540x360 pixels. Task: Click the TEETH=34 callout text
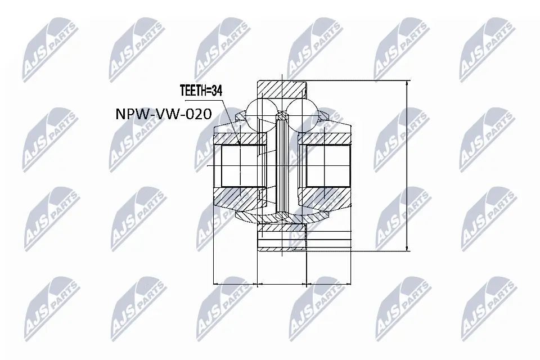click(201, 89)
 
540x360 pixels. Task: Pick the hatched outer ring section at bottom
click(280, 229)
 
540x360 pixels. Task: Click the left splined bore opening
click(241, 166)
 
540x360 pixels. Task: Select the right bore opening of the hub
click(327, 166)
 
